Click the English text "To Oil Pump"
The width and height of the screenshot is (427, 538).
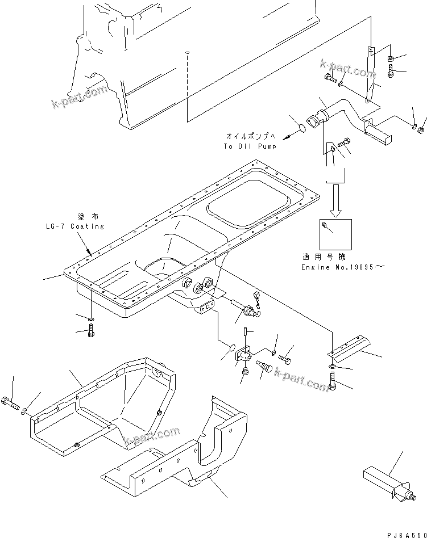250,146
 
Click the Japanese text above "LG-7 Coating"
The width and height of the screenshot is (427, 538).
83,217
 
